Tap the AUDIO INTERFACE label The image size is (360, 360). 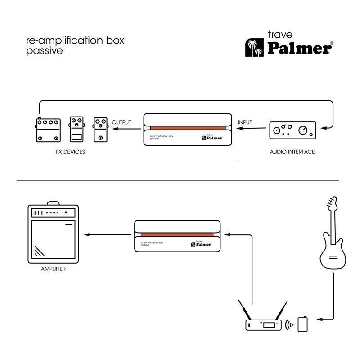[292, 152]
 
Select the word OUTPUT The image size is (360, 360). [121, 122]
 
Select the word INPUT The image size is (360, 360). [245, 122]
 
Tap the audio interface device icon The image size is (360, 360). [292, 130]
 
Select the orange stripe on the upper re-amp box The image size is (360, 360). [188, 128]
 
